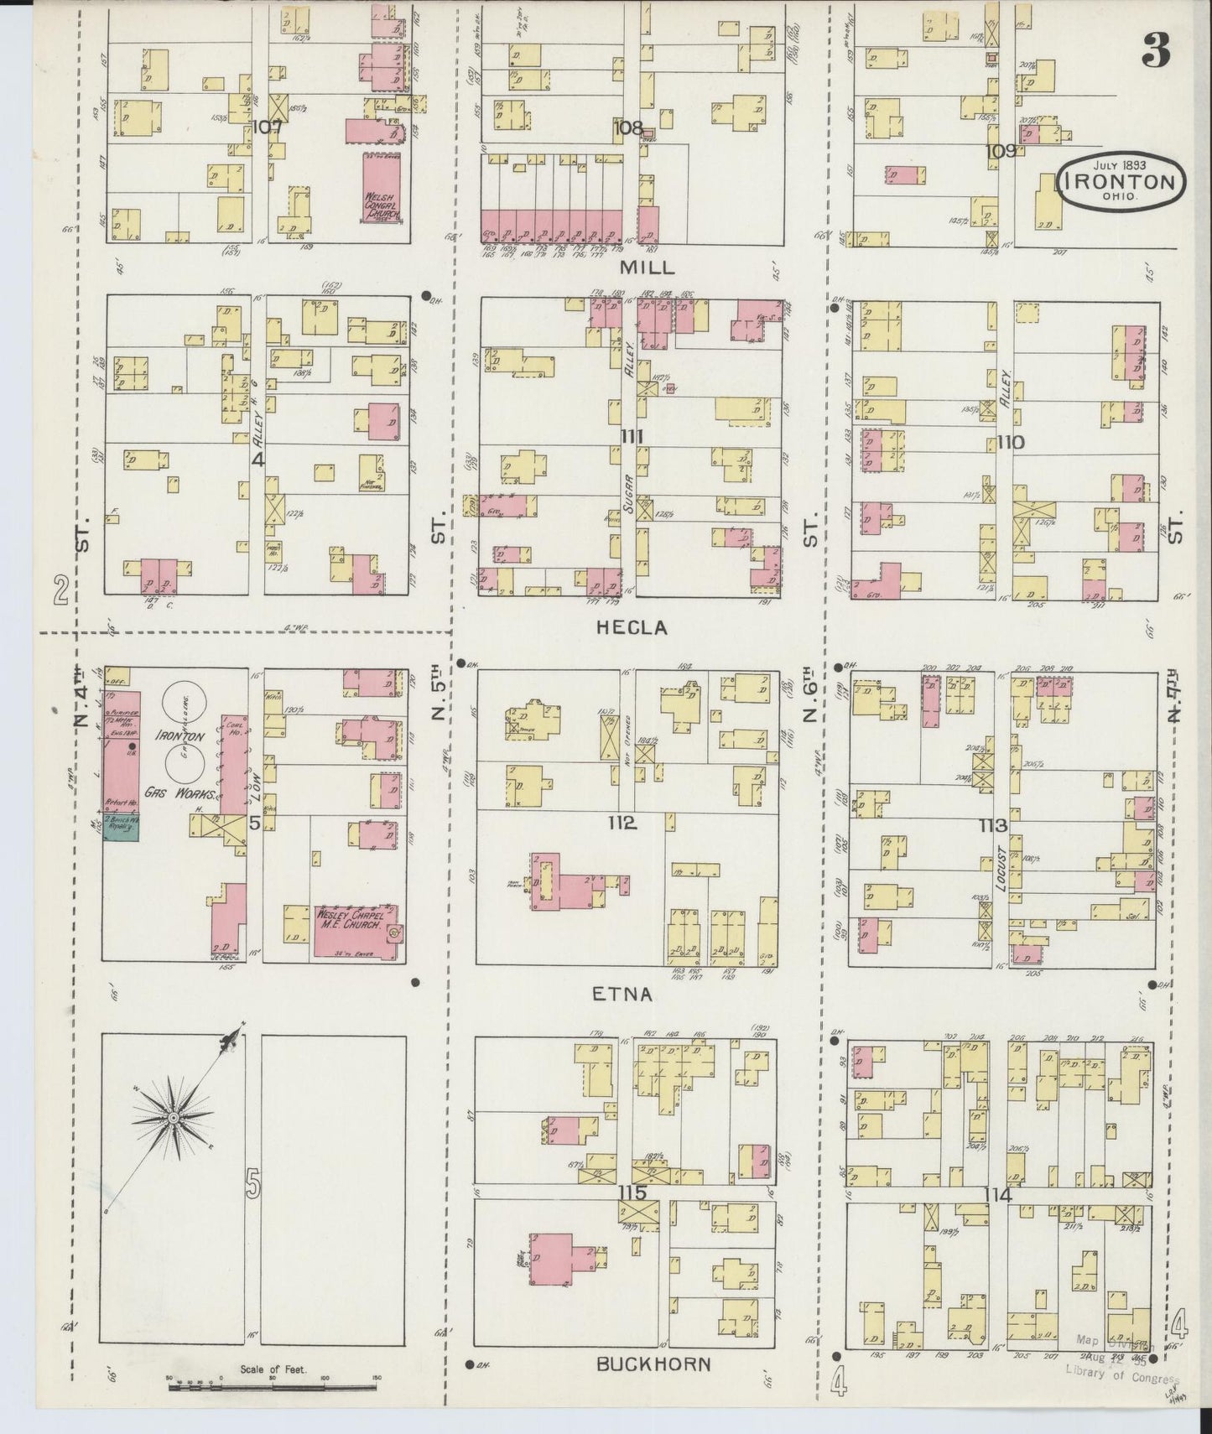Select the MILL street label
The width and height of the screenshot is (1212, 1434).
pos(648,268)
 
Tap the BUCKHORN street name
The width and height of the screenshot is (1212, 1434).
pos(654,1364)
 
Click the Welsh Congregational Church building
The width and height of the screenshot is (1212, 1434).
pos(382,190)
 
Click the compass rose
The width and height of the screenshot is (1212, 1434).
pos(173,1118)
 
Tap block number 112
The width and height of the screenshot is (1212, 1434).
pos(622,823)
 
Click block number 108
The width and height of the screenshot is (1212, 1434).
pos(628,128)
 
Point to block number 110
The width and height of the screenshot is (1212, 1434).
pos(1011,442)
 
